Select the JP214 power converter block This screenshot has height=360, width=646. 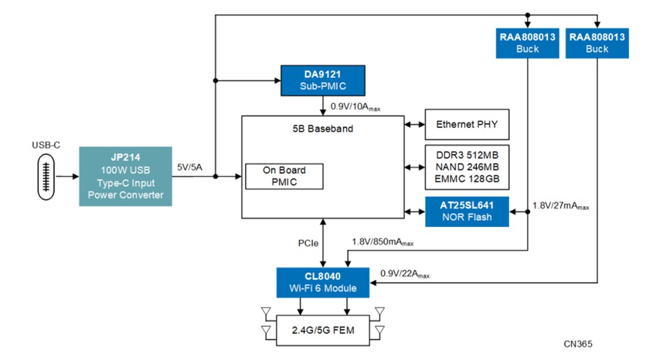tap(126, 176)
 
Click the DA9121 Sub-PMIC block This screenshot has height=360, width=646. tap(323, 80)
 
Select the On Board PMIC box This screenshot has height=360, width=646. tap(284, 176)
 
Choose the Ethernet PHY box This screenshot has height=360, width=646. tap(466, 125)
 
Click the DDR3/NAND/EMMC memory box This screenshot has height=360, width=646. tap(466, 167)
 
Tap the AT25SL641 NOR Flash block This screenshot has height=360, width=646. tap(466, 211)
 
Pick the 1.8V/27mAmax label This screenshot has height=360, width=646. tap(560, 206)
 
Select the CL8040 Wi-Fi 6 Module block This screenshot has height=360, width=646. tap(323, 282)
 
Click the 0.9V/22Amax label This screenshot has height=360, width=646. tap(405, 274)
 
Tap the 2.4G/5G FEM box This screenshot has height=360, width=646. tap(323, 330)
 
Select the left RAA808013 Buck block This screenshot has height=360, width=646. tap(527, 43)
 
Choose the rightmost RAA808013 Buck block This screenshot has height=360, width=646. tap(597, 43)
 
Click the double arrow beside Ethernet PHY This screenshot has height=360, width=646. tap(415, 125)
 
